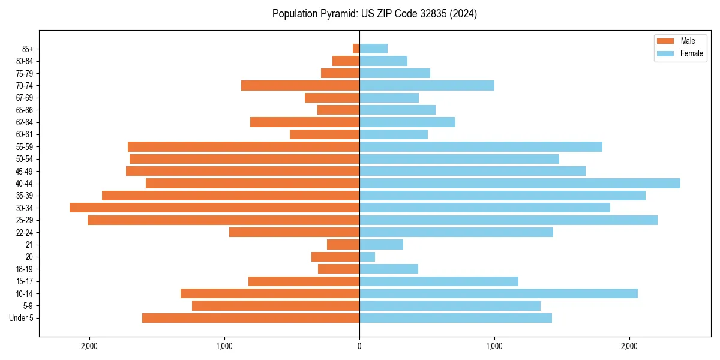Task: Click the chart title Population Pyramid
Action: coord(374,14)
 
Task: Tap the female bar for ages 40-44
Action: coord(520,184)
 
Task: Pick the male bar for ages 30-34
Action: coord(214,208)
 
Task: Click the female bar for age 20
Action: coord(367,257)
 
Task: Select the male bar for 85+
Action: coord(356,49)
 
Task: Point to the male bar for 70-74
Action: coord(300,86)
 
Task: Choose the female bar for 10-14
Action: coord(498,293)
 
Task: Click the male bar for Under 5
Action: coord(251,318)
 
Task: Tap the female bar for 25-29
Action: coord(508,220)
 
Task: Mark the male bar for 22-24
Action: coord(294,232)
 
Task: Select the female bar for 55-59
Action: coord(481,147)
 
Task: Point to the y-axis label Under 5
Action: coord(22,318)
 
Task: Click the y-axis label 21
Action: coord(29,245)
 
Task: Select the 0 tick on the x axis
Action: coord(359,346)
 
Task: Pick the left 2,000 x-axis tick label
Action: coord(89,346)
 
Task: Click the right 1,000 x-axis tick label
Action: coord(494,346)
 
